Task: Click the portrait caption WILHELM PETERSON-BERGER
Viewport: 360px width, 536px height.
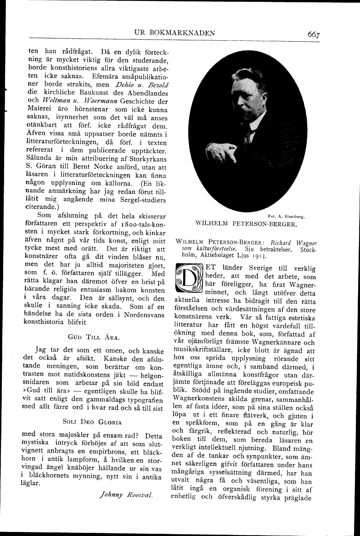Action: (x=247, y=224)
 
